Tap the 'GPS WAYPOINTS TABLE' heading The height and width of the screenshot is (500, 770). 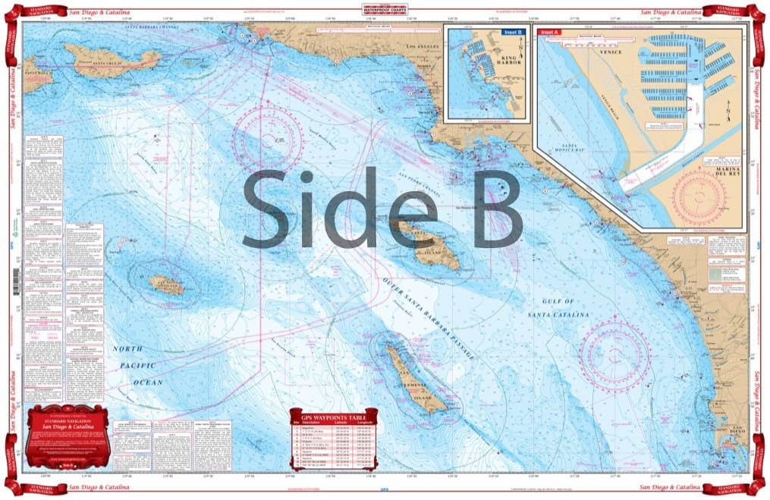(x=332, y=417)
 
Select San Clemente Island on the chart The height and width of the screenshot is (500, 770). (x=415, y=379)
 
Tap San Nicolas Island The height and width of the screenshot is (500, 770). (x=165, y=285)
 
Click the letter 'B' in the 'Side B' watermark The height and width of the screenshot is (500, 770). (x=490, y=208)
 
